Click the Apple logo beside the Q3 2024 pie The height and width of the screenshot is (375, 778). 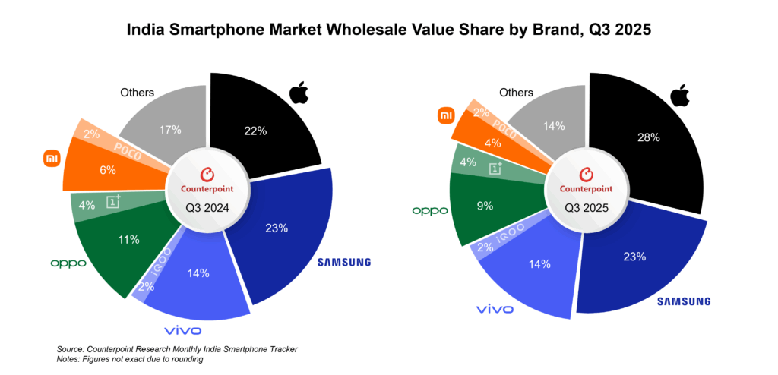tap(299, 93)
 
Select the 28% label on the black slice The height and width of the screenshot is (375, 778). tap(650, 137)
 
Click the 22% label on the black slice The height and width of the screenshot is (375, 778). tap(256, 131)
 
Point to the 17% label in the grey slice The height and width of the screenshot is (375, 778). tap(170, 131)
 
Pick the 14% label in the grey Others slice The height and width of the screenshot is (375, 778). tap(554, 126)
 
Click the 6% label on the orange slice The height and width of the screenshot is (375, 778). tap(108, 169)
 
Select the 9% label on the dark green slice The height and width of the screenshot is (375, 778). tap(485, 206)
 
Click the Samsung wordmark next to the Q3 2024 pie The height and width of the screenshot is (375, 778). tap(344, 262)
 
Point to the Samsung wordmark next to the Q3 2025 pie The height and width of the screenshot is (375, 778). tap(685, 301)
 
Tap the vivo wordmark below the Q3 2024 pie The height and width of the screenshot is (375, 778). tap(183, 330)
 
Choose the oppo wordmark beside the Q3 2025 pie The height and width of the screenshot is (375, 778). tap(430, 211)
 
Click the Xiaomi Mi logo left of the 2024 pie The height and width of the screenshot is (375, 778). tap(52, 159)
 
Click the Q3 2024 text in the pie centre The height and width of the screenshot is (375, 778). tap(207, 209)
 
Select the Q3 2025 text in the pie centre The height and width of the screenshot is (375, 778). tap(587, 208)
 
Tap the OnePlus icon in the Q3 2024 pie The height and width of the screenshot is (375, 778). tap(114, 201)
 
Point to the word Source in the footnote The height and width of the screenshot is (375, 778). tap(68, 350)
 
